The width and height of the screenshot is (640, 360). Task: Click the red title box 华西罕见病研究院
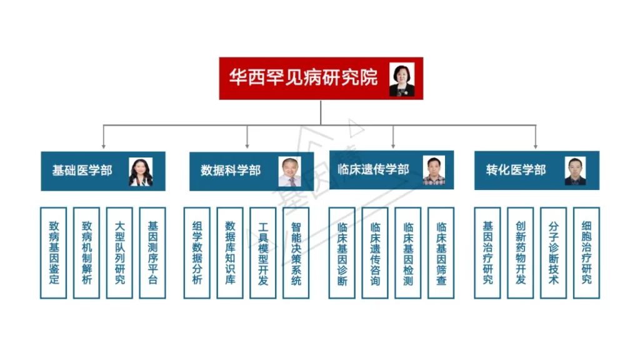[321, 78]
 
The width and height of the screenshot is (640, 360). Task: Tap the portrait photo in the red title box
[402, 79]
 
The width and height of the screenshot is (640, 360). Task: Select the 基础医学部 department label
[82, 171]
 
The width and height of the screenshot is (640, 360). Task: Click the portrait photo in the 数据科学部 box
[290, 172]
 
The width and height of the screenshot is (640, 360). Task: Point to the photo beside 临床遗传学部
[434, 171]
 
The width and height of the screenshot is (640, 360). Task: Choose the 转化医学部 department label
[516, 170]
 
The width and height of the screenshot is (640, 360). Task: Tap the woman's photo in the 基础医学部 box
[141, 172]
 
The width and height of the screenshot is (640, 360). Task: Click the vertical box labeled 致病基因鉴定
[54, 252]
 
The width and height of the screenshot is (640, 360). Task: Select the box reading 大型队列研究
[119, 252]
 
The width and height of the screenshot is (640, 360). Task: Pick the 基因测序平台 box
[152, 252]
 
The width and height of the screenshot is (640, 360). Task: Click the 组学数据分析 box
[197, 252]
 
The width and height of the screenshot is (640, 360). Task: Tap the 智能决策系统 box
[296, 252]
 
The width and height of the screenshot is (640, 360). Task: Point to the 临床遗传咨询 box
[375, 252]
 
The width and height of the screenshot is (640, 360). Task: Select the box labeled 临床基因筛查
[441, 252]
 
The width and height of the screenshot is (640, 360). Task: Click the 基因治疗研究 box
[487, 252]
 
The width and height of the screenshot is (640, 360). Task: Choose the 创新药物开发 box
[521, 252]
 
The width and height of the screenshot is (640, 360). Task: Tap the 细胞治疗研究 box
[586, 252]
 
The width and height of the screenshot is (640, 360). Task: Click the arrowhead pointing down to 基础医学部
[104, 146]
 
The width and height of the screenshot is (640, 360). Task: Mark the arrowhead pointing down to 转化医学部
[536, 146]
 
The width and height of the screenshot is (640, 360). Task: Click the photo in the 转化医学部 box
[575, 171]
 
